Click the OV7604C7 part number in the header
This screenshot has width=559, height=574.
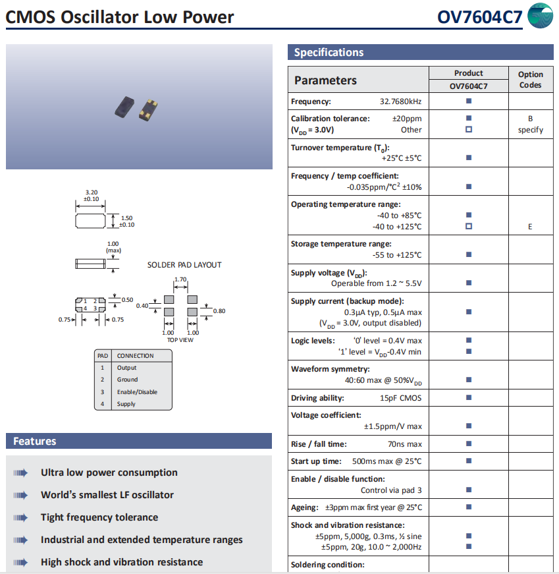pos(480,16)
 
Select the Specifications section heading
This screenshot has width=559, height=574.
pos(329,53)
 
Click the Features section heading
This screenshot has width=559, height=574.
pos(35,442)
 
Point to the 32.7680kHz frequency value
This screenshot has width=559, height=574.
pos(400,101)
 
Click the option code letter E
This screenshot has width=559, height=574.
pos(530,227)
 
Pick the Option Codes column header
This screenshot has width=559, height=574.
pos(530,80)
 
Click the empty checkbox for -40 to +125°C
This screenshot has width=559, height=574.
pos(469,227)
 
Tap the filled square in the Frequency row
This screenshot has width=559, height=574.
pos(469,101)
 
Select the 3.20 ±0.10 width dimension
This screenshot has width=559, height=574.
pos(92,195)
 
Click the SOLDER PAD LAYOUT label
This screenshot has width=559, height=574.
pos(184,265)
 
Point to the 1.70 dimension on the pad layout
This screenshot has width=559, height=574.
pos(180,280)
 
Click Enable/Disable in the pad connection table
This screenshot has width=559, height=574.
pos(137,392)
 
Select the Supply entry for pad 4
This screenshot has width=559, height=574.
pos(126,404)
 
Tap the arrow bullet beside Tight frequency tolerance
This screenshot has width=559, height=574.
pos(20,517)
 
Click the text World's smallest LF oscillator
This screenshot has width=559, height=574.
pos(107,495)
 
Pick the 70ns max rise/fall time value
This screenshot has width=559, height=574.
pos(405,444)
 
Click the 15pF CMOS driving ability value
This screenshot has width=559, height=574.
pos(400,398)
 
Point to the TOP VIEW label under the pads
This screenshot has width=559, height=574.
pos(180,340)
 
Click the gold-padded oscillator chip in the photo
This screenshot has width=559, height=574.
pos(150,109)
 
